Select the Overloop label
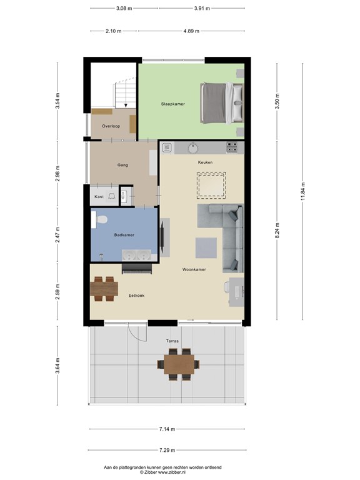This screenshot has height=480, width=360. pos(111,126)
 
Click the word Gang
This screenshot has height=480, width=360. pos(122,165)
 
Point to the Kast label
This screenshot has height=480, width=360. pos(99,197)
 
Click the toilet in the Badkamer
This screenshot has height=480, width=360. pos(102,219)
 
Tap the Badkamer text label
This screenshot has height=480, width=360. pos(124,235)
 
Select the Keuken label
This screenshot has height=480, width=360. pos(205,162)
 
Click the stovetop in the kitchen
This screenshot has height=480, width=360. pos(232,148)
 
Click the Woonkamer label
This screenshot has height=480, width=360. pos(194,270)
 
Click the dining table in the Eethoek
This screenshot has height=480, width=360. pos(104,289)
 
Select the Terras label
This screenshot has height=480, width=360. pos(172,341)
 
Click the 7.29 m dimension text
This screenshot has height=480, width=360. pos(166,450)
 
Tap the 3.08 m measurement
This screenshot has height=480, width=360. pos(124,9)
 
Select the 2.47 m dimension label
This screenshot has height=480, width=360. pos(57,236)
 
